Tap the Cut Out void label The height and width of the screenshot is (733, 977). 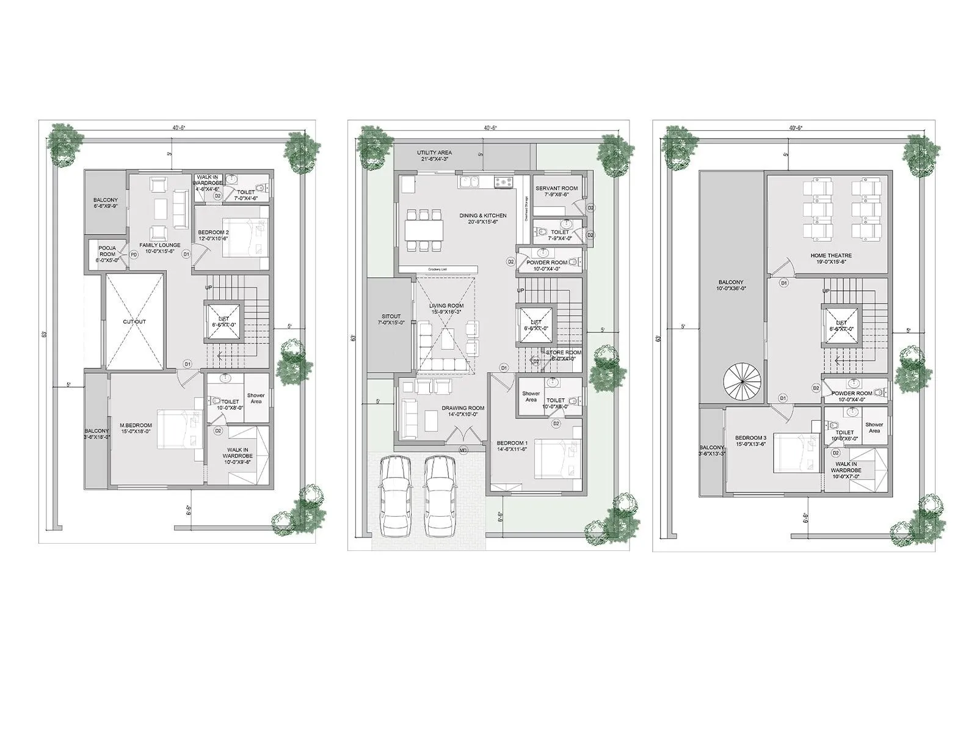134,322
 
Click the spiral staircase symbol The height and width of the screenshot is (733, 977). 742,379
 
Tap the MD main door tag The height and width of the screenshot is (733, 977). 463,450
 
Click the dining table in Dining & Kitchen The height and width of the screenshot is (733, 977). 424,230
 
